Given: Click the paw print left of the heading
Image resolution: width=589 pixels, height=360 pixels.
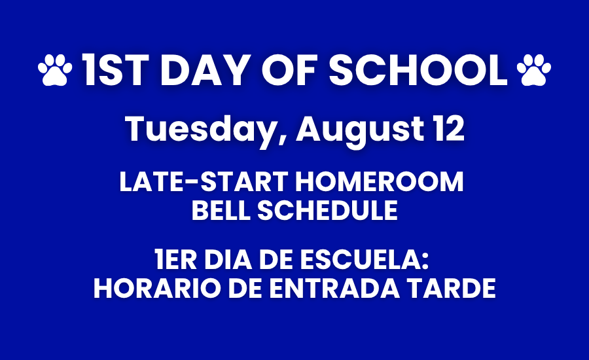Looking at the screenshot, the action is (x=55, y=69).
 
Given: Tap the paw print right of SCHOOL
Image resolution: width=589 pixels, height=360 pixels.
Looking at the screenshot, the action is (x=534, y=69).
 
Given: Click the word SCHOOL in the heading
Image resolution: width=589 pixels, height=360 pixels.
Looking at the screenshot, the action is (x=418, y=70).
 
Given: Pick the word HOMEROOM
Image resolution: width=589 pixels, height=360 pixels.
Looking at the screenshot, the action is (x=380, y=182).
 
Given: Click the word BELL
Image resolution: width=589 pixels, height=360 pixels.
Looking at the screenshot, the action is (x=221, y=210).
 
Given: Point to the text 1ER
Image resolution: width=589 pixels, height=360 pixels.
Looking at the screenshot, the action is (x=176, y=260).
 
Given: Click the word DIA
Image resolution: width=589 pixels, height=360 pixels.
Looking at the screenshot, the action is (x=228, y=260).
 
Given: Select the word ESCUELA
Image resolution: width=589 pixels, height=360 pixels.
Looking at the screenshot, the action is (x=364, y=260).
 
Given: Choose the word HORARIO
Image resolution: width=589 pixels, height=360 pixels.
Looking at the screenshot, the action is (x=157, y=289).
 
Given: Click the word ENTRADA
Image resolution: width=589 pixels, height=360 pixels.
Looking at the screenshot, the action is (x=334, y=289).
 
